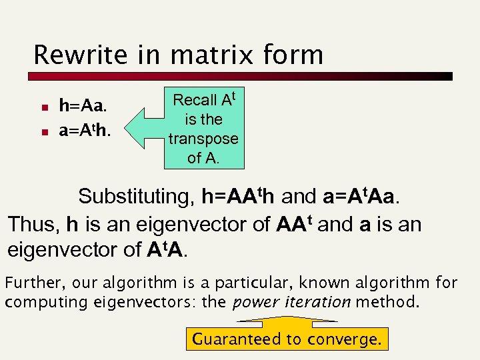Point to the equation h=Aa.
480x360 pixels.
click(83, 105)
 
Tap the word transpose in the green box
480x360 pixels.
click(203, 139)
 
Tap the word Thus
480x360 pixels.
click(32, 223)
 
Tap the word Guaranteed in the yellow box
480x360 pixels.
click(238, 339)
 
